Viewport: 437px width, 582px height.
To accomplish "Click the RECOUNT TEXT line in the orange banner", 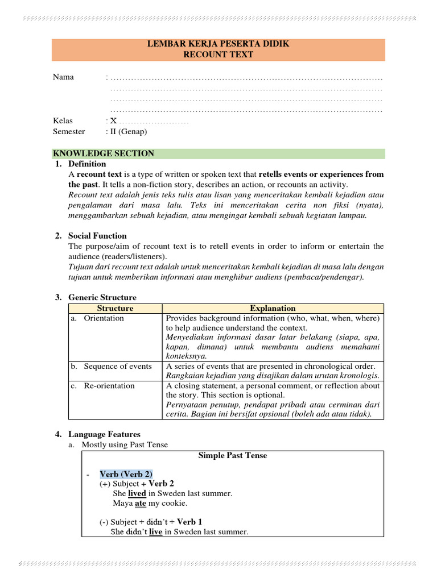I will pyautogui.click(x=218, y=55).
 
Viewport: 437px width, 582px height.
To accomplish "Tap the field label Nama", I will pyautogui.click(x=63, y=77).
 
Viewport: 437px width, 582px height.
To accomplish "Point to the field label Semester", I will pyautogui.click(x=69, y=131).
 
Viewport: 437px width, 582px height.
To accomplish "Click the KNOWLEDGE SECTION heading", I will pyautogui.click(x=104, y=153).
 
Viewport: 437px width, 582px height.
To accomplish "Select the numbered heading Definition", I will pyautogui.click(x=87, y=164).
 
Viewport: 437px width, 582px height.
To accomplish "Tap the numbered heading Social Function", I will pyautogui.click(x=97, y=235).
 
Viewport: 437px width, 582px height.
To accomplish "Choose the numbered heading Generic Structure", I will pyautogui.click(x=102, y=297).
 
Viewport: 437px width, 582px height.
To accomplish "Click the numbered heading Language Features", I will pyautogui.click(x=104, y=434).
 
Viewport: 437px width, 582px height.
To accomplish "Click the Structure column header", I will pyautogui.click(x=115, y=308).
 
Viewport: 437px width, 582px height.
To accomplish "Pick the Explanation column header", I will pyautogui.click(x=273, y=308).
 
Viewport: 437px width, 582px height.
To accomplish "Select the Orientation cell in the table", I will pyautogui.click(x=104, y=318).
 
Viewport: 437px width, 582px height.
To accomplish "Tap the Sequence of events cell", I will pyautogui.click(x=117, y=366).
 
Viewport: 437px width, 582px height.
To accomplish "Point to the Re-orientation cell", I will pyautogui.click(x=109, y=385).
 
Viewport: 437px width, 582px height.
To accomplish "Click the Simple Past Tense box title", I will pyautogui.click(x=232, y=455).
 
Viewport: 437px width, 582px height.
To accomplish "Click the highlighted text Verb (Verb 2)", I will pyautogui.click(x=126, y=474).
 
